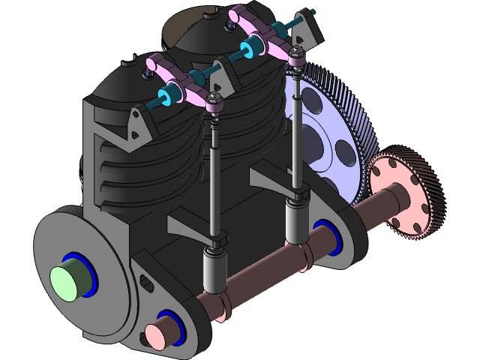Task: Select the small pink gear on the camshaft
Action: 409,194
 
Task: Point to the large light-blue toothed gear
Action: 330,135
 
